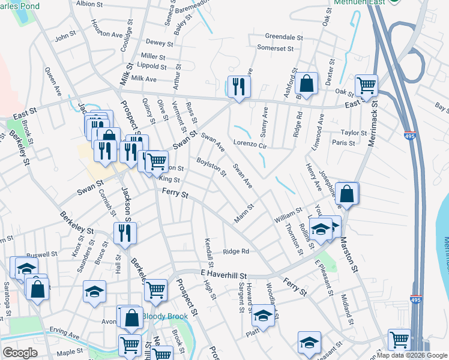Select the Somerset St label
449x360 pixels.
point(275,48)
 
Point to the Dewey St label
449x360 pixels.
point(159,43)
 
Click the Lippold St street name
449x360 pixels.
point(151,67)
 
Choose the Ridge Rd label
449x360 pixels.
point(236,251)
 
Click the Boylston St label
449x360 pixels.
point(211,167)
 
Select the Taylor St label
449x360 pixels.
point(354,133)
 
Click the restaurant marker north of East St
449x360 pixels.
point(238,86)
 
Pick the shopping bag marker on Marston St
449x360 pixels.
point(347,193)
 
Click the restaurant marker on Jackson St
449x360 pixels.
point(125,232)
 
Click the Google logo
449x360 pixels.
point(20,353)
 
